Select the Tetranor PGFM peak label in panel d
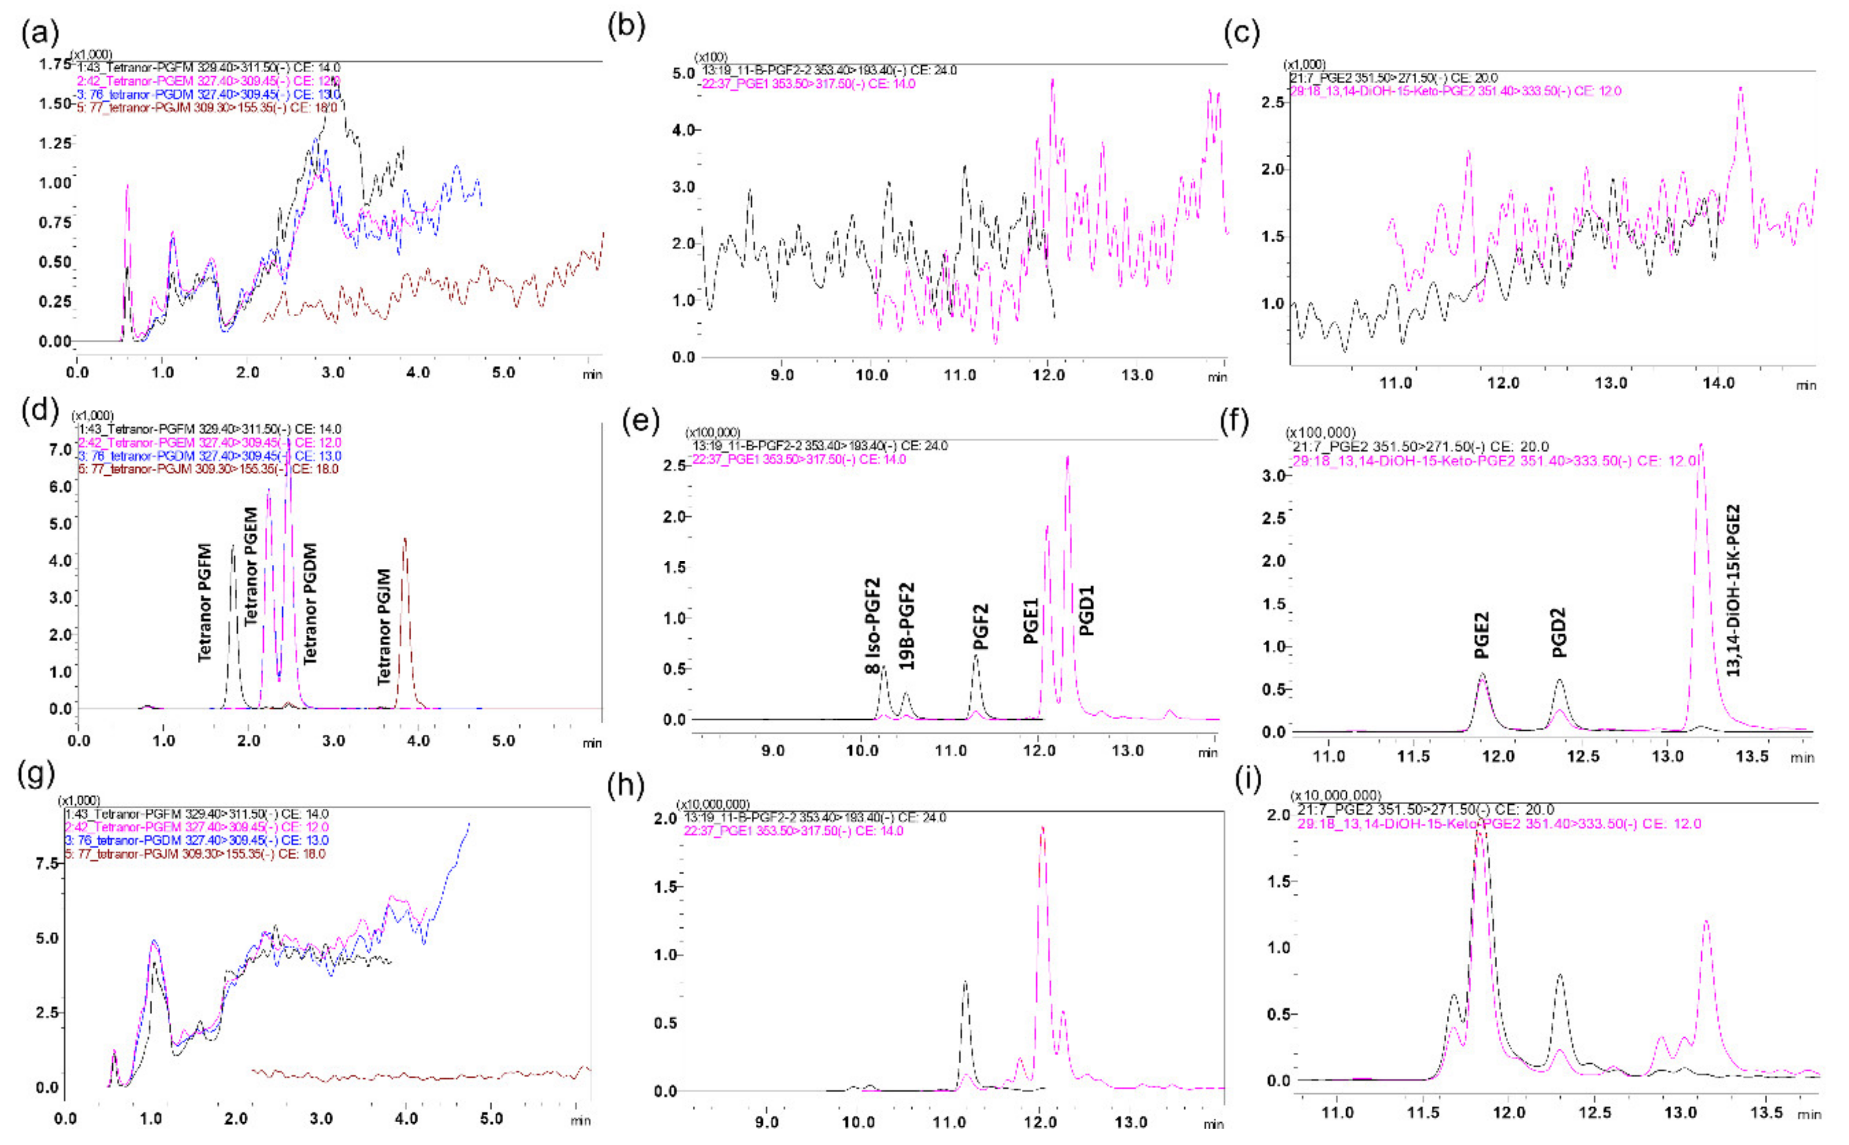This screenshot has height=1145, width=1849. coord(205,602)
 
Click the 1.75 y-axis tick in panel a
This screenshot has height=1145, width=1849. coord(55,65)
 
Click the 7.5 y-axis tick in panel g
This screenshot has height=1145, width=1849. coord(47,863)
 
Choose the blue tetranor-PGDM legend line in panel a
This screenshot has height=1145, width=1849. coord(208,95)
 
